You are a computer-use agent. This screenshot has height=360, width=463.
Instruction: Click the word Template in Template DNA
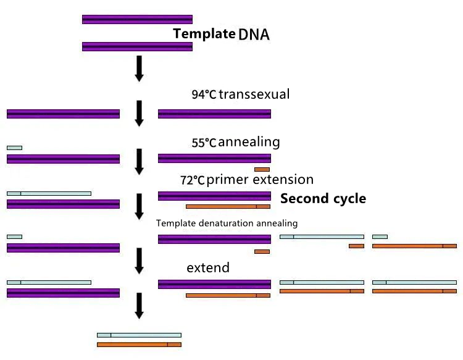[204, 34]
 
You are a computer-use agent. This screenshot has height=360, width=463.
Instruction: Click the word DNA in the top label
[254, 35]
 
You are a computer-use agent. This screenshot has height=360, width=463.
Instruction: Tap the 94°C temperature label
[204, 94]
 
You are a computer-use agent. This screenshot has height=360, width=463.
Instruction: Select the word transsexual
[254, 94]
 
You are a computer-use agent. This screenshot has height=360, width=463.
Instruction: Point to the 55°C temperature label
[204, 143]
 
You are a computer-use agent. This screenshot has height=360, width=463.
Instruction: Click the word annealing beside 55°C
[249, 143]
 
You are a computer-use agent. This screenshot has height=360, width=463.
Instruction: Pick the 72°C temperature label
[193, 180]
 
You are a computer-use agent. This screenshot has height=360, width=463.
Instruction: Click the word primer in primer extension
[228, 180]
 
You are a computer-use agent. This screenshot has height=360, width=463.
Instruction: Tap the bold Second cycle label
[323, 198]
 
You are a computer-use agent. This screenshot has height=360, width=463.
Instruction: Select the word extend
[208, 267]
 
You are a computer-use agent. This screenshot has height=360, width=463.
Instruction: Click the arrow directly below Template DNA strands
[139, 69]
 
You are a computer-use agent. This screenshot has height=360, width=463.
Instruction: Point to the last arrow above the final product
[139, 306]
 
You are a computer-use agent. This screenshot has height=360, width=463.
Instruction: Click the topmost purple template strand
[137, 20]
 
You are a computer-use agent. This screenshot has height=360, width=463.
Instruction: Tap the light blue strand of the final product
[139, 335]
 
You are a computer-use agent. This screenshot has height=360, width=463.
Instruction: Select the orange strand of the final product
[139, 345]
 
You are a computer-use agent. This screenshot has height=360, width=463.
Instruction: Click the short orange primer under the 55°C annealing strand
[262, 170]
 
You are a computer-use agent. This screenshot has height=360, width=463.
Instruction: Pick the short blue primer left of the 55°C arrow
[14, 148]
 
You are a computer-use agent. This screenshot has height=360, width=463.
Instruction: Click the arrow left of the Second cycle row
[139, 207]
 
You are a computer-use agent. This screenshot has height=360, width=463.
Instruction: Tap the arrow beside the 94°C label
[139, 114]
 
